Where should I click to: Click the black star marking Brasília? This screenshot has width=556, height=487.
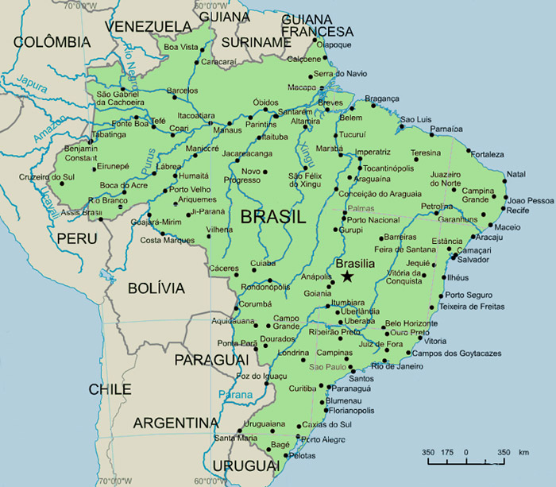click(347, 276)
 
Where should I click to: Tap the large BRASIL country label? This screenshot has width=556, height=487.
click(272, 216)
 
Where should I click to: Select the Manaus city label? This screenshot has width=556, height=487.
click(227, 129)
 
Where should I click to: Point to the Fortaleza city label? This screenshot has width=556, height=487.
click(487, 154)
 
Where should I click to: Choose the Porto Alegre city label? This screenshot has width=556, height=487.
click(322, 439)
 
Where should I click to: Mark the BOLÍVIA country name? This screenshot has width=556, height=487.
click(156, 288)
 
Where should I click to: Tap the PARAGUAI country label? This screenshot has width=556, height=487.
click(206, 360)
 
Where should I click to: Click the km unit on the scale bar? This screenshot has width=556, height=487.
click(523, 452)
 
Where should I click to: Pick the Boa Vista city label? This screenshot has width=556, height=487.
click(180, 48)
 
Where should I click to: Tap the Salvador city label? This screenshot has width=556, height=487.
click(473, 260)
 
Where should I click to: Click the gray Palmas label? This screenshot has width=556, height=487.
click(361, 208)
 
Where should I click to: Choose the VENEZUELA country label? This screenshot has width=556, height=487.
click(149, 26)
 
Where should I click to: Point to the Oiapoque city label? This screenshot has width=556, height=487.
click(334, 45)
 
